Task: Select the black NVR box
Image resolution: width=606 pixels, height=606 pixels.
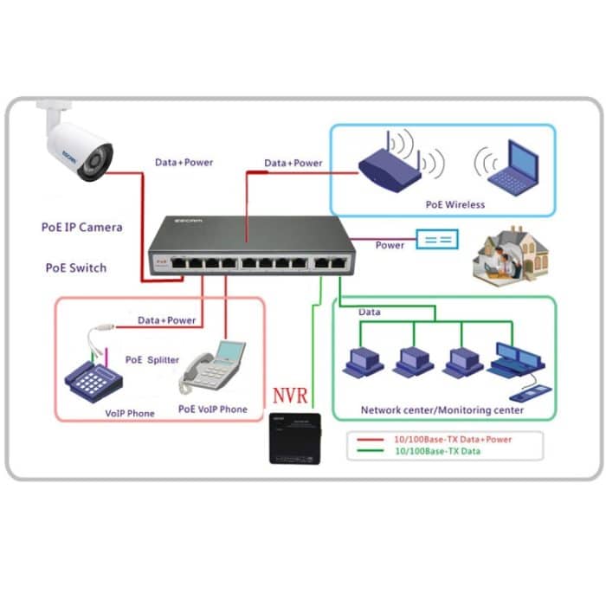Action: coord(295,438)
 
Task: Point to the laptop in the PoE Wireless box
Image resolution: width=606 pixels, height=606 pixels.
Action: coord(511,169)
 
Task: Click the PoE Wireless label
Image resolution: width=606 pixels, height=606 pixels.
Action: coord(455,205)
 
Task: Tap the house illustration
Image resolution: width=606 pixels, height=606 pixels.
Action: coord(510,255)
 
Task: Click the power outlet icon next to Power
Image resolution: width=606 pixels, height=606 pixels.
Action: coord(437,240)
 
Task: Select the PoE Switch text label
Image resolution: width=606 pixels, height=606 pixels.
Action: coord(76,268)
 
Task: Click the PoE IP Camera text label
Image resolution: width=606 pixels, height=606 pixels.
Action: coord(82,228)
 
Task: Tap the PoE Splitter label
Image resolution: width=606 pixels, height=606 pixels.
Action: coord(152,359)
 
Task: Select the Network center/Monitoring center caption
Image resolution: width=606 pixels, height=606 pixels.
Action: coord(442,409)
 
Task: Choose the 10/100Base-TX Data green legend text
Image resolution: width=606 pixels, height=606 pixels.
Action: coord(441,451)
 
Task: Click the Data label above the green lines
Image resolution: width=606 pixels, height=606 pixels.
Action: coord(369,312)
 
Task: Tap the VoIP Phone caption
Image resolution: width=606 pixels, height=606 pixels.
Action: coord(130,413)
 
